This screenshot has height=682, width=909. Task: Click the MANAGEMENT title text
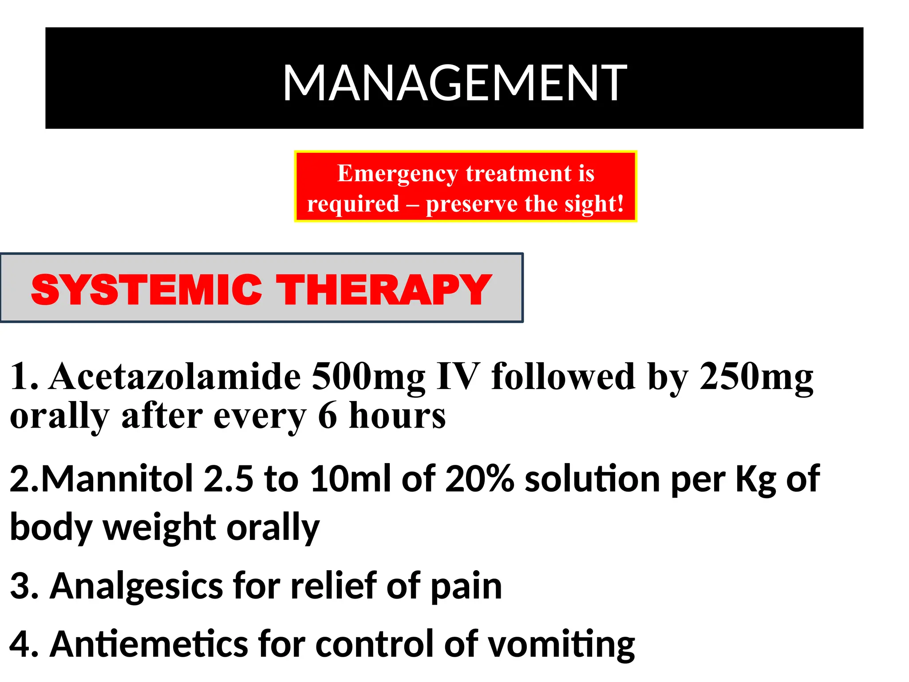[x=454, y=83]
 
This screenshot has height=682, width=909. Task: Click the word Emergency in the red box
[x=398, y=173]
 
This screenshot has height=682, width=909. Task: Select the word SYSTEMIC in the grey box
[x=146, y=289]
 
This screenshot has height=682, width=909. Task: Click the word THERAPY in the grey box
[x=384, y=289]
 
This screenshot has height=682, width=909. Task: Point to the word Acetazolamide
[x=175, y=377]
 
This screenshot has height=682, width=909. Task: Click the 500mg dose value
[x=368, y=377]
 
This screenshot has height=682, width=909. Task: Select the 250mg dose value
[x=756, y=377]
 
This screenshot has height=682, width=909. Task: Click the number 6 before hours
[x=328, y=416]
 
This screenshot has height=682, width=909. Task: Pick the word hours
[x=397, y=416]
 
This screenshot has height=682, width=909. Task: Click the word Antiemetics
[x=149, y=644]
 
